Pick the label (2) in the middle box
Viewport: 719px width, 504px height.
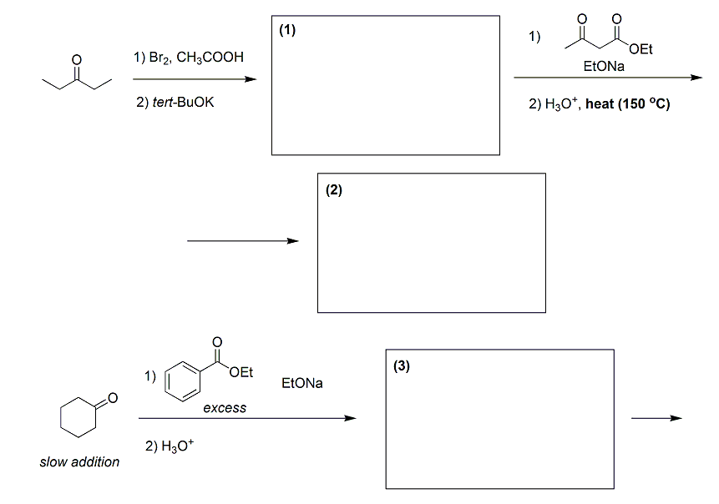pos(334,190)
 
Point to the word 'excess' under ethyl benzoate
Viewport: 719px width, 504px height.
pos(225,408)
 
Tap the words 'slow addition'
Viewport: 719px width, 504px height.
pos(79,461)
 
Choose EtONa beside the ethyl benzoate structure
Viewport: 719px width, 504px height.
pos(302,383)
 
